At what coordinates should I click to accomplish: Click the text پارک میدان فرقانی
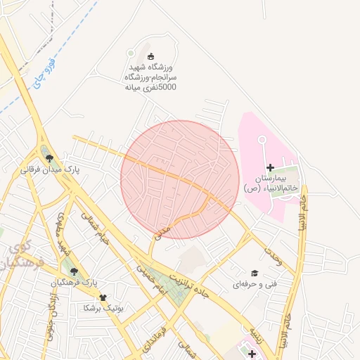(49, 170)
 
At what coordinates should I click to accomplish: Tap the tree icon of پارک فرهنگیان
(73, 270)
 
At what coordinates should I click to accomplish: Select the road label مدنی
(162, 229)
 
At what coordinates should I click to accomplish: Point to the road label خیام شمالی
(95, 229)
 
